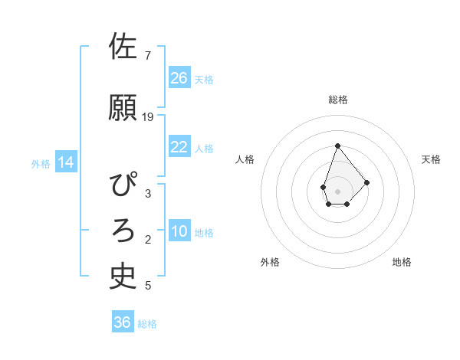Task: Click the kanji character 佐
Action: [123, 46]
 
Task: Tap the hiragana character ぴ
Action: [123, 185]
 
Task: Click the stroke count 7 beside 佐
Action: [147, 56]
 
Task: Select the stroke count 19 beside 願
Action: [149, 116]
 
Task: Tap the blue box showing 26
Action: [179, 77]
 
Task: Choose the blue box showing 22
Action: [179, 147]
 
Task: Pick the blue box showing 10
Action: [179, 231]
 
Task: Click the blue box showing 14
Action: [66, 162]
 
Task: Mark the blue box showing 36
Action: [122, 322]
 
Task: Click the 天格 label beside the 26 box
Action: [204, 79]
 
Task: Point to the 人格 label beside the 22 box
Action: [204, 149]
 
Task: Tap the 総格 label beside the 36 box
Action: [147, 324]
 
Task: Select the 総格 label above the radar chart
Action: [337, 100]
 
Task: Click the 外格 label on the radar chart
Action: [270, 262]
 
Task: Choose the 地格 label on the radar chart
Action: [402, 262]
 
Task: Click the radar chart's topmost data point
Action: [337, 146]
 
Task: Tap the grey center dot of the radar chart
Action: [337, 190]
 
